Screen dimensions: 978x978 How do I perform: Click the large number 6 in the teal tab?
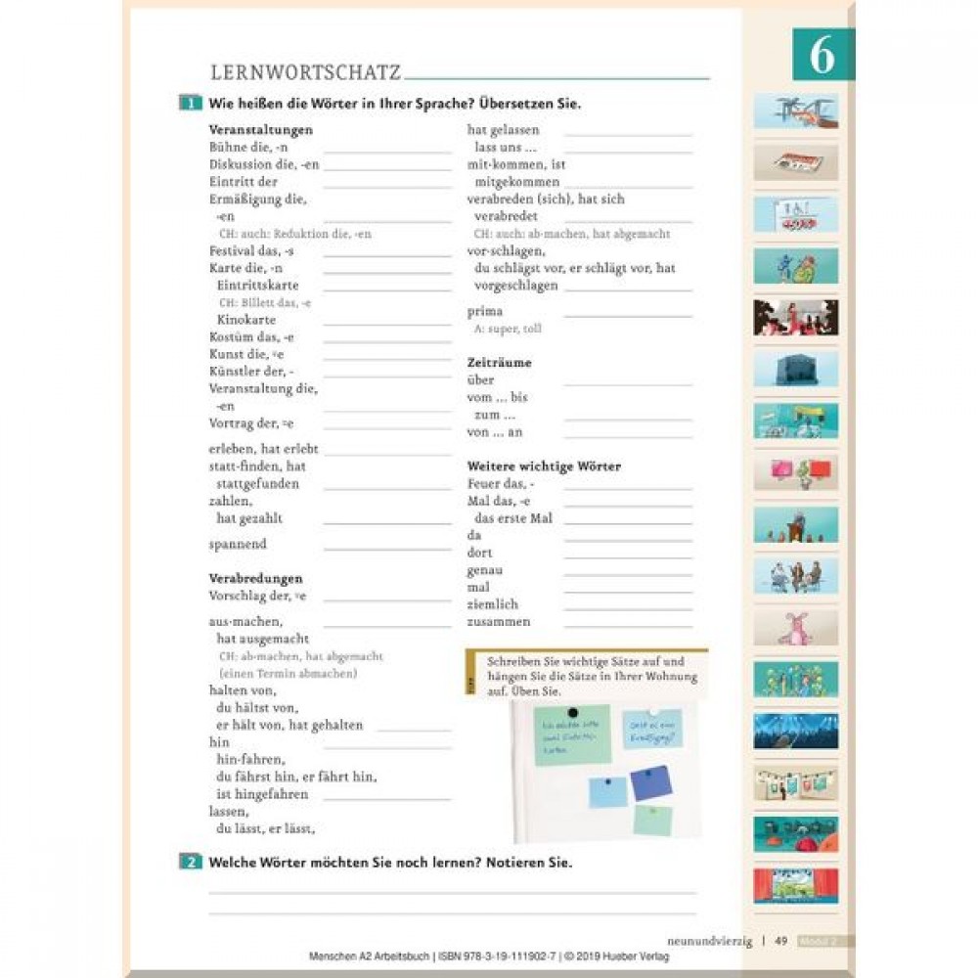point(822,56)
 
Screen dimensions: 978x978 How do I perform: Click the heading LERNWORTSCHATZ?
point(305,72)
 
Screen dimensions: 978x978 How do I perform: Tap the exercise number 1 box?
point(190,104)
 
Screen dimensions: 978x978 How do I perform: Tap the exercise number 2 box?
point(190,862)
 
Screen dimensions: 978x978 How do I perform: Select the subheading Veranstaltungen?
point(260,129)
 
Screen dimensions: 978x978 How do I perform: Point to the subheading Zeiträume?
point(499,362)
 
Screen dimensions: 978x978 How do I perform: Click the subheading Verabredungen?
point(255,578)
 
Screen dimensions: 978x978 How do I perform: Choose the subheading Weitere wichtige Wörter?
point(544,467)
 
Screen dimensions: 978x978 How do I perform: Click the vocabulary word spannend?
point(238,544)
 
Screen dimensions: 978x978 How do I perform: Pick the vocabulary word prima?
point(484,311)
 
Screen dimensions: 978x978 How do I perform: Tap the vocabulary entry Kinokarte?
point(246,320)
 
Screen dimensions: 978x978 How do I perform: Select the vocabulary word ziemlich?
point(493,604)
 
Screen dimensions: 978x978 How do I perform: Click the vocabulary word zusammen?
point(499,622)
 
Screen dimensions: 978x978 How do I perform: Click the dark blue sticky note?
point(649,783)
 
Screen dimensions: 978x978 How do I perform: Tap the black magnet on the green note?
point(573,712)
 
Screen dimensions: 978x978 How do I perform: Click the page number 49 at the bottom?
point(780,941)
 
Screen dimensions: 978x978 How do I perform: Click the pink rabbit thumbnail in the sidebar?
point(795,628)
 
